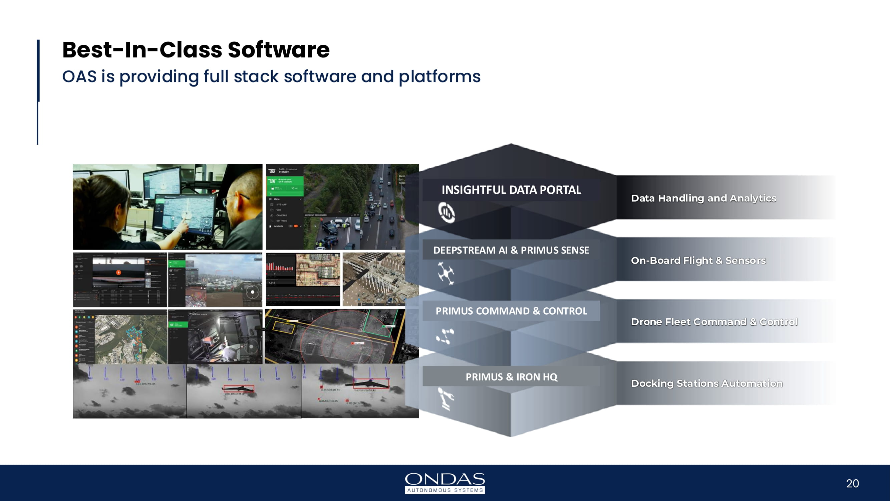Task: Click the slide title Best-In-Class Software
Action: (x=196, y=50)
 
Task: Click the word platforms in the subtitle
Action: (x=439, y=76)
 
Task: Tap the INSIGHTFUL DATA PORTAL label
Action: (x=511, y=190)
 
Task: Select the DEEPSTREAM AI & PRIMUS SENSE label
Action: (x=511, y=250)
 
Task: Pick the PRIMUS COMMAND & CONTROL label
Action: (x=511, y=311)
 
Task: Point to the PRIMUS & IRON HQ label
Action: (x=511, y=376)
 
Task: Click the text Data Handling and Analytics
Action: (x=703, y=198)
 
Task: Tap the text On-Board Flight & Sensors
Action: (x=698, y=261)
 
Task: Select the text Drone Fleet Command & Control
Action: (x=714, y=322)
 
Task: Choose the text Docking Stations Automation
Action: (x=706, y=383)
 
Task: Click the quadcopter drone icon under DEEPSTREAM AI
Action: (x=446, y=273)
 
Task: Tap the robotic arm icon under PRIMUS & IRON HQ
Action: (x=446, y=399)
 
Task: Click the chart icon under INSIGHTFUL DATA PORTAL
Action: (x=447, y=212)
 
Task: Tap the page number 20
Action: (x=852, y=483)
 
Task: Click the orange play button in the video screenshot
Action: (x=118, y=273)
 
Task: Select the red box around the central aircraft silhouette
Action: (x=239, y=389)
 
